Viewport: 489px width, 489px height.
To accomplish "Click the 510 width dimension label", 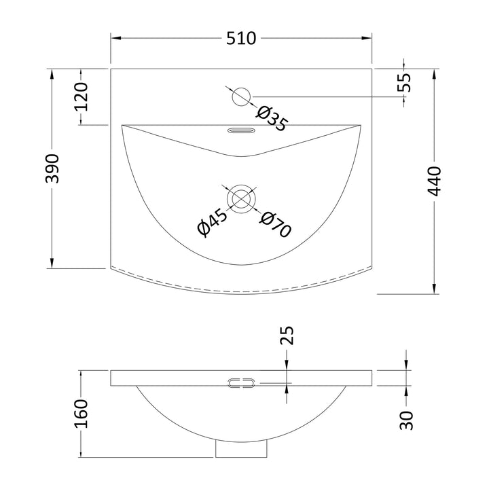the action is click(x=240, y=38).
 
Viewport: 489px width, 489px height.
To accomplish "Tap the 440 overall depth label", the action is click(x=434, y=181).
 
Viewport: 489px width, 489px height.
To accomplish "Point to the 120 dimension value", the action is click(x=81, y=96).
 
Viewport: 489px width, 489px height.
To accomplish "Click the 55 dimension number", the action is click(x=404, y=82).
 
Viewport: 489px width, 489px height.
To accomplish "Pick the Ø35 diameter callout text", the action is click(x=271, y=119).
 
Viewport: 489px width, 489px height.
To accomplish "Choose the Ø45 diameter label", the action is click(x=213, y=222).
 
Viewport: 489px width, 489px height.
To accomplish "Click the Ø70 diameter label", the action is click(x=275, y=225).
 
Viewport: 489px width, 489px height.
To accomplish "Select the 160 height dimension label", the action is click(x=81, y=414).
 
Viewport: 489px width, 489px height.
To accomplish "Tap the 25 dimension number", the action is click(x=287, y=336).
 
